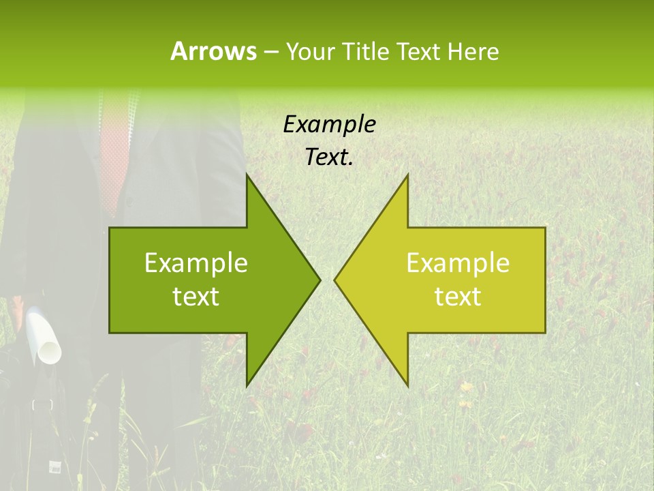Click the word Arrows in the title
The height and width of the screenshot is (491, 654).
click(x=213, y=51)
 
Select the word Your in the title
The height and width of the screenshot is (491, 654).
click(x=310, y=51)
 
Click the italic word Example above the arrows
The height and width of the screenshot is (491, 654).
click(x=329, y=125)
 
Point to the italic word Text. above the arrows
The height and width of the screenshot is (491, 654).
click(x=329, y=158)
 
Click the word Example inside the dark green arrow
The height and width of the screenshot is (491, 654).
click(x=196, y=263)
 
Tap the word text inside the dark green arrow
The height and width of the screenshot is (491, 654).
click(x=196, y=297)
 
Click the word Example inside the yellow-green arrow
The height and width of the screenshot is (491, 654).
click(x=458, y=263)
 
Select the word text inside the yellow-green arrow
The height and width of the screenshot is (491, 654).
click(x=458, y=297)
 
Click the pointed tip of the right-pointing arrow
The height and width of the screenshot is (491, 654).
click(x=319, y=280)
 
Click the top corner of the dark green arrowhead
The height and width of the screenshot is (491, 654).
click(x=247, y=175)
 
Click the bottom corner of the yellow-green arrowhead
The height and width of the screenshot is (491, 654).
click(x=407, y=385)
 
